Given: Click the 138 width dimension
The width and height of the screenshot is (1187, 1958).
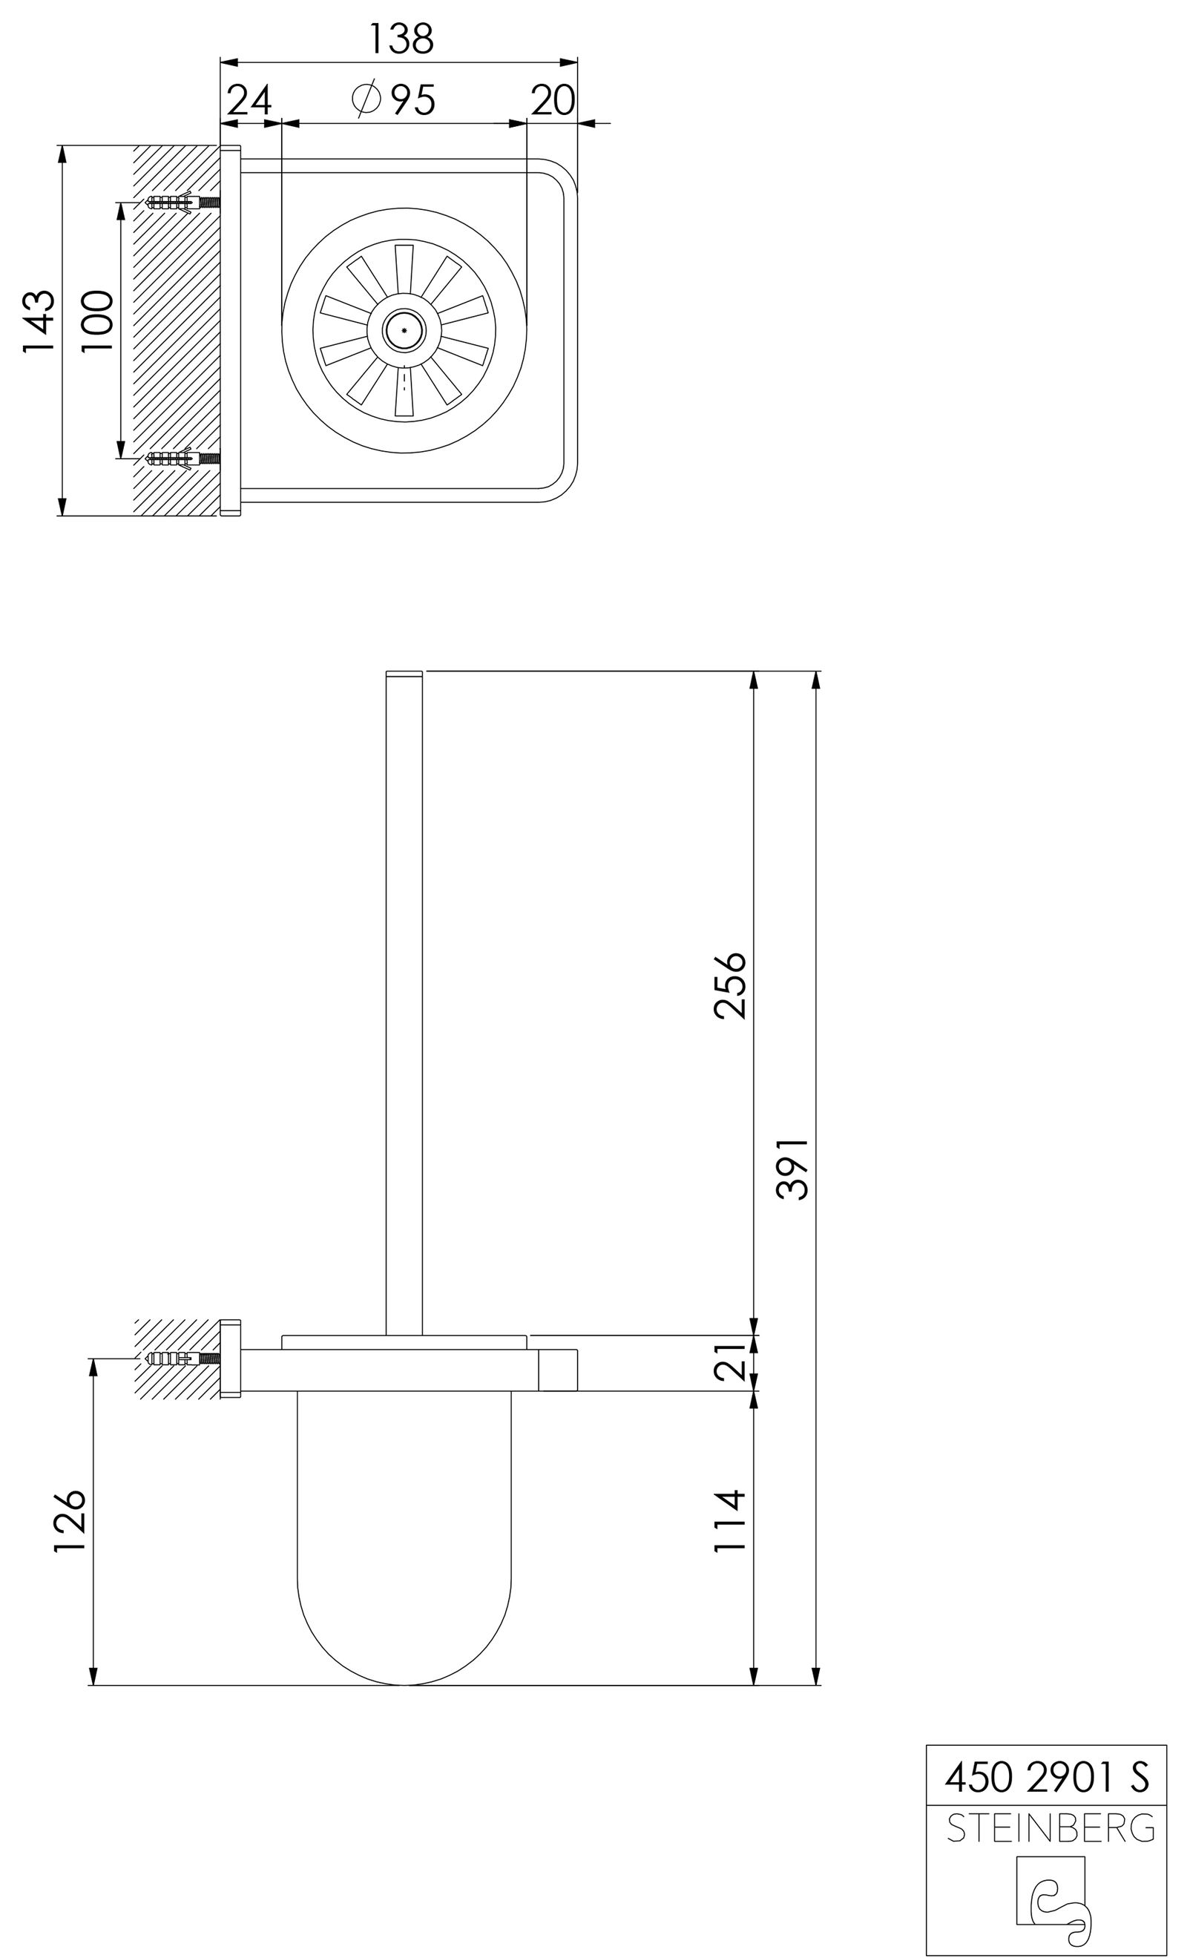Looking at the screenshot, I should point(401,38).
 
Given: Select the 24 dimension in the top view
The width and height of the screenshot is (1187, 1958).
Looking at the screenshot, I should point(249,100).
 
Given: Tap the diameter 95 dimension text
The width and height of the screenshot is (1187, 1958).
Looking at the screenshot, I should point(395,100).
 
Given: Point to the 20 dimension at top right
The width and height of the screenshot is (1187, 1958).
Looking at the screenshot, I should point(552,100).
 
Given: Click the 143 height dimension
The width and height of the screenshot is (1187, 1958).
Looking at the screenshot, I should point(38,322).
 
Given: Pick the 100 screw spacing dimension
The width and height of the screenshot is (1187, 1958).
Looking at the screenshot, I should point(97,322).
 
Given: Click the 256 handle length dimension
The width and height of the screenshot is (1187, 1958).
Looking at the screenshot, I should point(729,985).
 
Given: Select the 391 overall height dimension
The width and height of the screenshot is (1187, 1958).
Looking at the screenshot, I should point(792,1168).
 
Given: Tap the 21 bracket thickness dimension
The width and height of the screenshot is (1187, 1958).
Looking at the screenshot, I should point(729,1363).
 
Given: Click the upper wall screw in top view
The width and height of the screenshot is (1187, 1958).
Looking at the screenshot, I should point(183,202).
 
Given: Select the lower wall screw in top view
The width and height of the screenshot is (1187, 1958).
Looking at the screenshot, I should point(183,459).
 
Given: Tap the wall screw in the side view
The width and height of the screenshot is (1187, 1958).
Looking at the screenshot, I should point(183,1358).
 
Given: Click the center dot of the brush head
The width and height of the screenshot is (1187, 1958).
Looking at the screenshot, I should point(404,329).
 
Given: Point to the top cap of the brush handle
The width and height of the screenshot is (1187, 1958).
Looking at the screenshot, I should point(404,674).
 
